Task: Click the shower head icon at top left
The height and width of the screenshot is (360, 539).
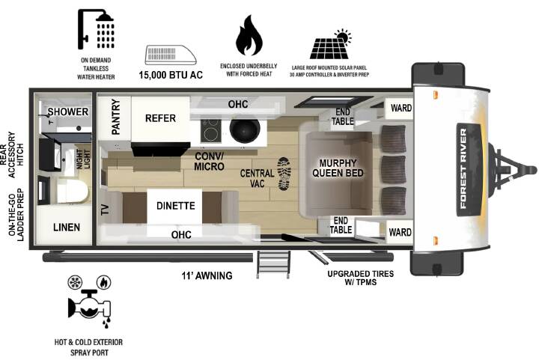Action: point(96,29)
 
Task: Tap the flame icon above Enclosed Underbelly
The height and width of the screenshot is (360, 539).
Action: point(249,35)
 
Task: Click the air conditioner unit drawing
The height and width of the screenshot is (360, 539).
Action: point(171,55)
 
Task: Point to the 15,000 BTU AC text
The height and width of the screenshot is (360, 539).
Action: point(171,75)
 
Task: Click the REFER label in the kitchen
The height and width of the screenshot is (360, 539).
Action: point(160,118)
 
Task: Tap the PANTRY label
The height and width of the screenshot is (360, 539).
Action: point(116,117)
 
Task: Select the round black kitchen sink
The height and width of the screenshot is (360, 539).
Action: point(244,131)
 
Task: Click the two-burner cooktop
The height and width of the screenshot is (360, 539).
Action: point(210,131)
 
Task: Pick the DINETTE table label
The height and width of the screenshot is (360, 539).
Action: point(176,206)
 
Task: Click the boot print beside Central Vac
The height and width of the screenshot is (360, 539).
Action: point(284,174)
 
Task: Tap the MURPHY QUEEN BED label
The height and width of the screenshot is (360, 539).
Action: point(338,168)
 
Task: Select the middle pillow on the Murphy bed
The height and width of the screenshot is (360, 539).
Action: point(393,170)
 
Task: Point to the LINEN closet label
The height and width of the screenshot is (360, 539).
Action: point(67,228)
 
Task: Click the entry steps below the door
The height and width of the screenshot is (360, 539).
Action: point(274,264)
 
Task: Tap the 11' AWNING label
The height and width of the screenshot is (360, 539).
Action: point(207,275)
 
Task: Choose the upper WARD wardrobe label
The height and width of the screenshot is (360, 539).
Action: point(401,108)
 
